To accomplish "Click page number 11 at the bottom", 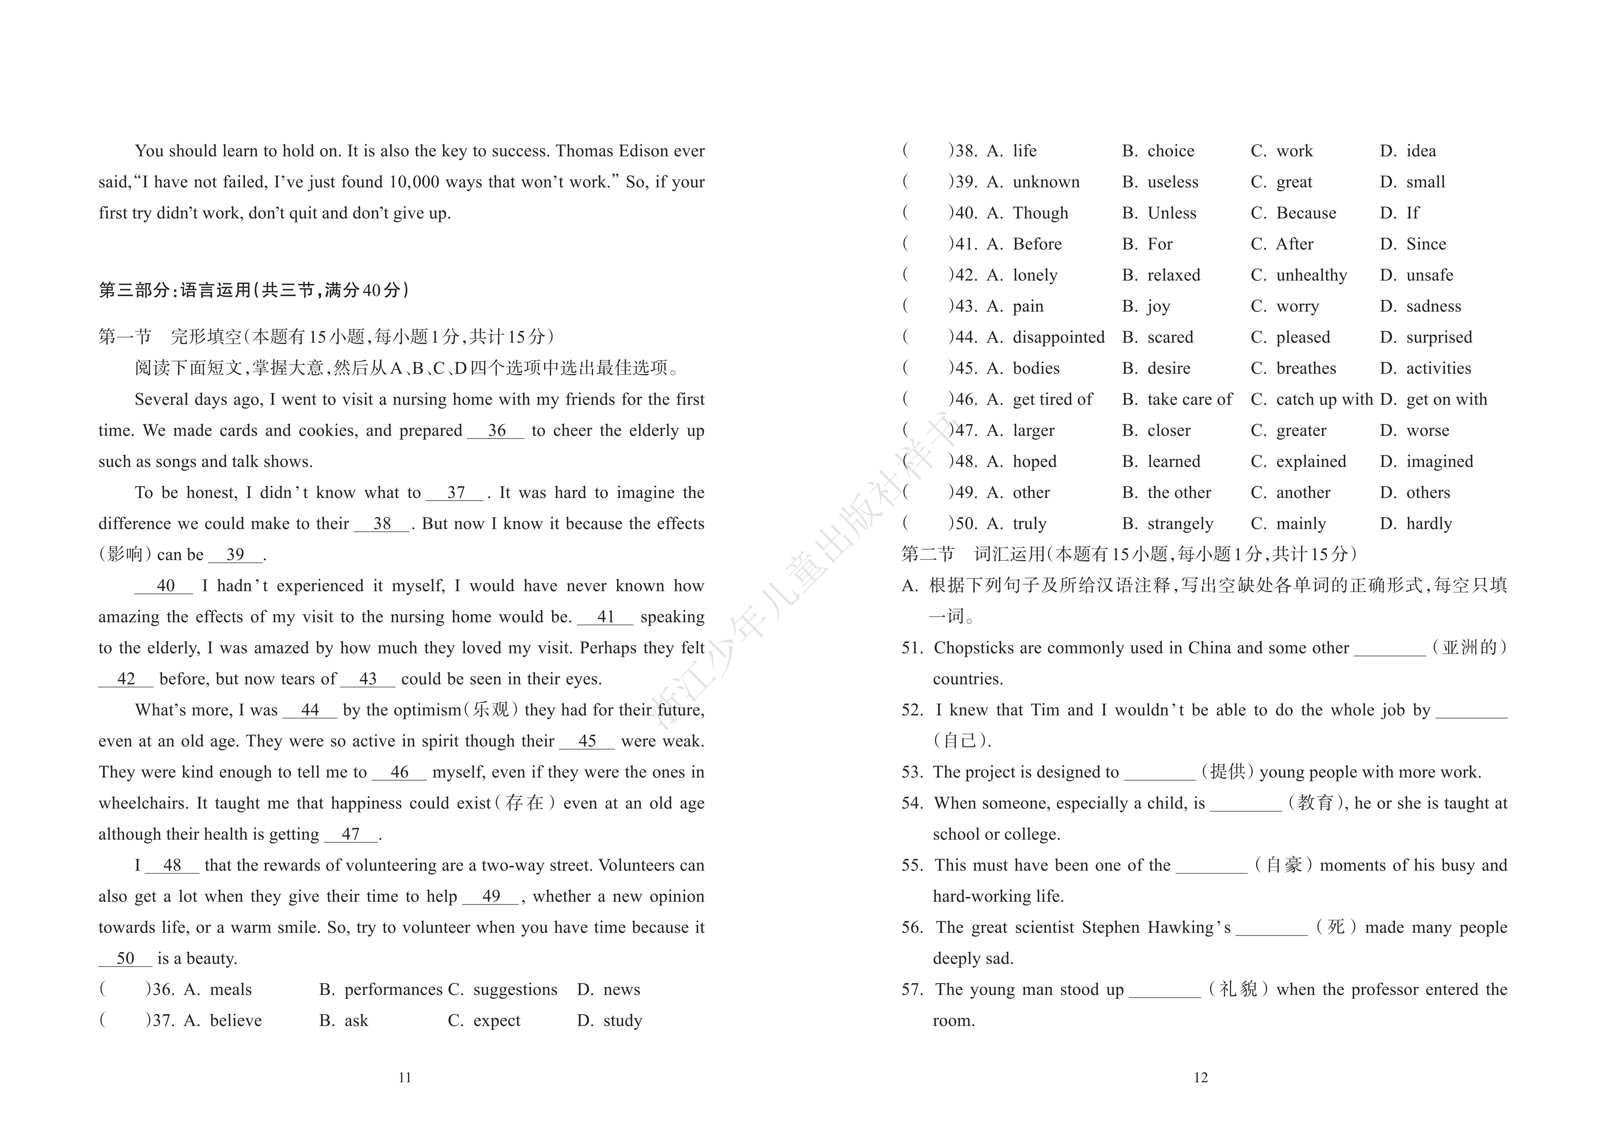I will click(404, 1078).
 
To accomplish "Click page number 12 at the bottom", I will click(1200, 1078).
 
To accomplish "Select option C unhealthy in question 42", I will click(1299, 276).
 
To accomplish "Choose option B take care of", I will click(1177, 399).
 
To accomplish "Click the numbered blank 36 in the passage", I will click(496, 431).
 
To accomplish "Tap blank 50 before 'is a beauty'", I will click(125, 959).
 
